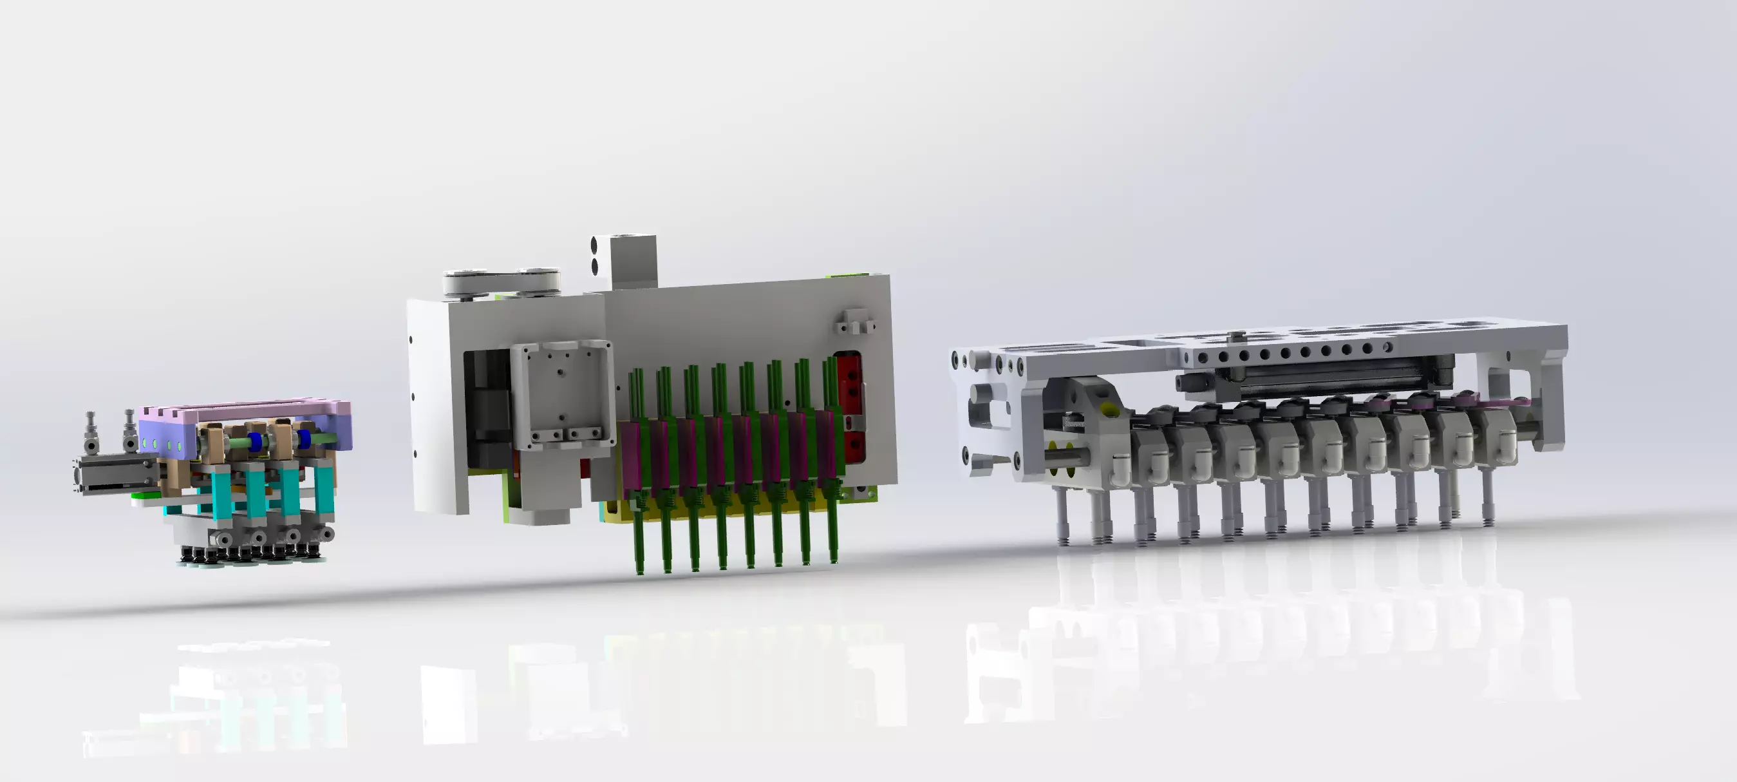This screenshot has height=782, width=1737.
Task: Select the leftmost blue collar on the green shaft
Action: pos(256,443)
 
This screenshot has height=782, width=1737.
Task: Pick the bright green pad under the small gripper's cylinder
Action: pos(142,496)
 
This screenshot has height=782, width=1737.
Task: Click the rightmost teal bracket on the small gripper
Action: pos(324,489)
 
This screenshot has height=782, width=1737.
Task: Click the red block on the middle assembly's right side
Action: pos(849,405)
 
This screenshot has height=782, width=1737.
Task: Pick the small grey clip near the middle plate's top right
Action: pos(855,323)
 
